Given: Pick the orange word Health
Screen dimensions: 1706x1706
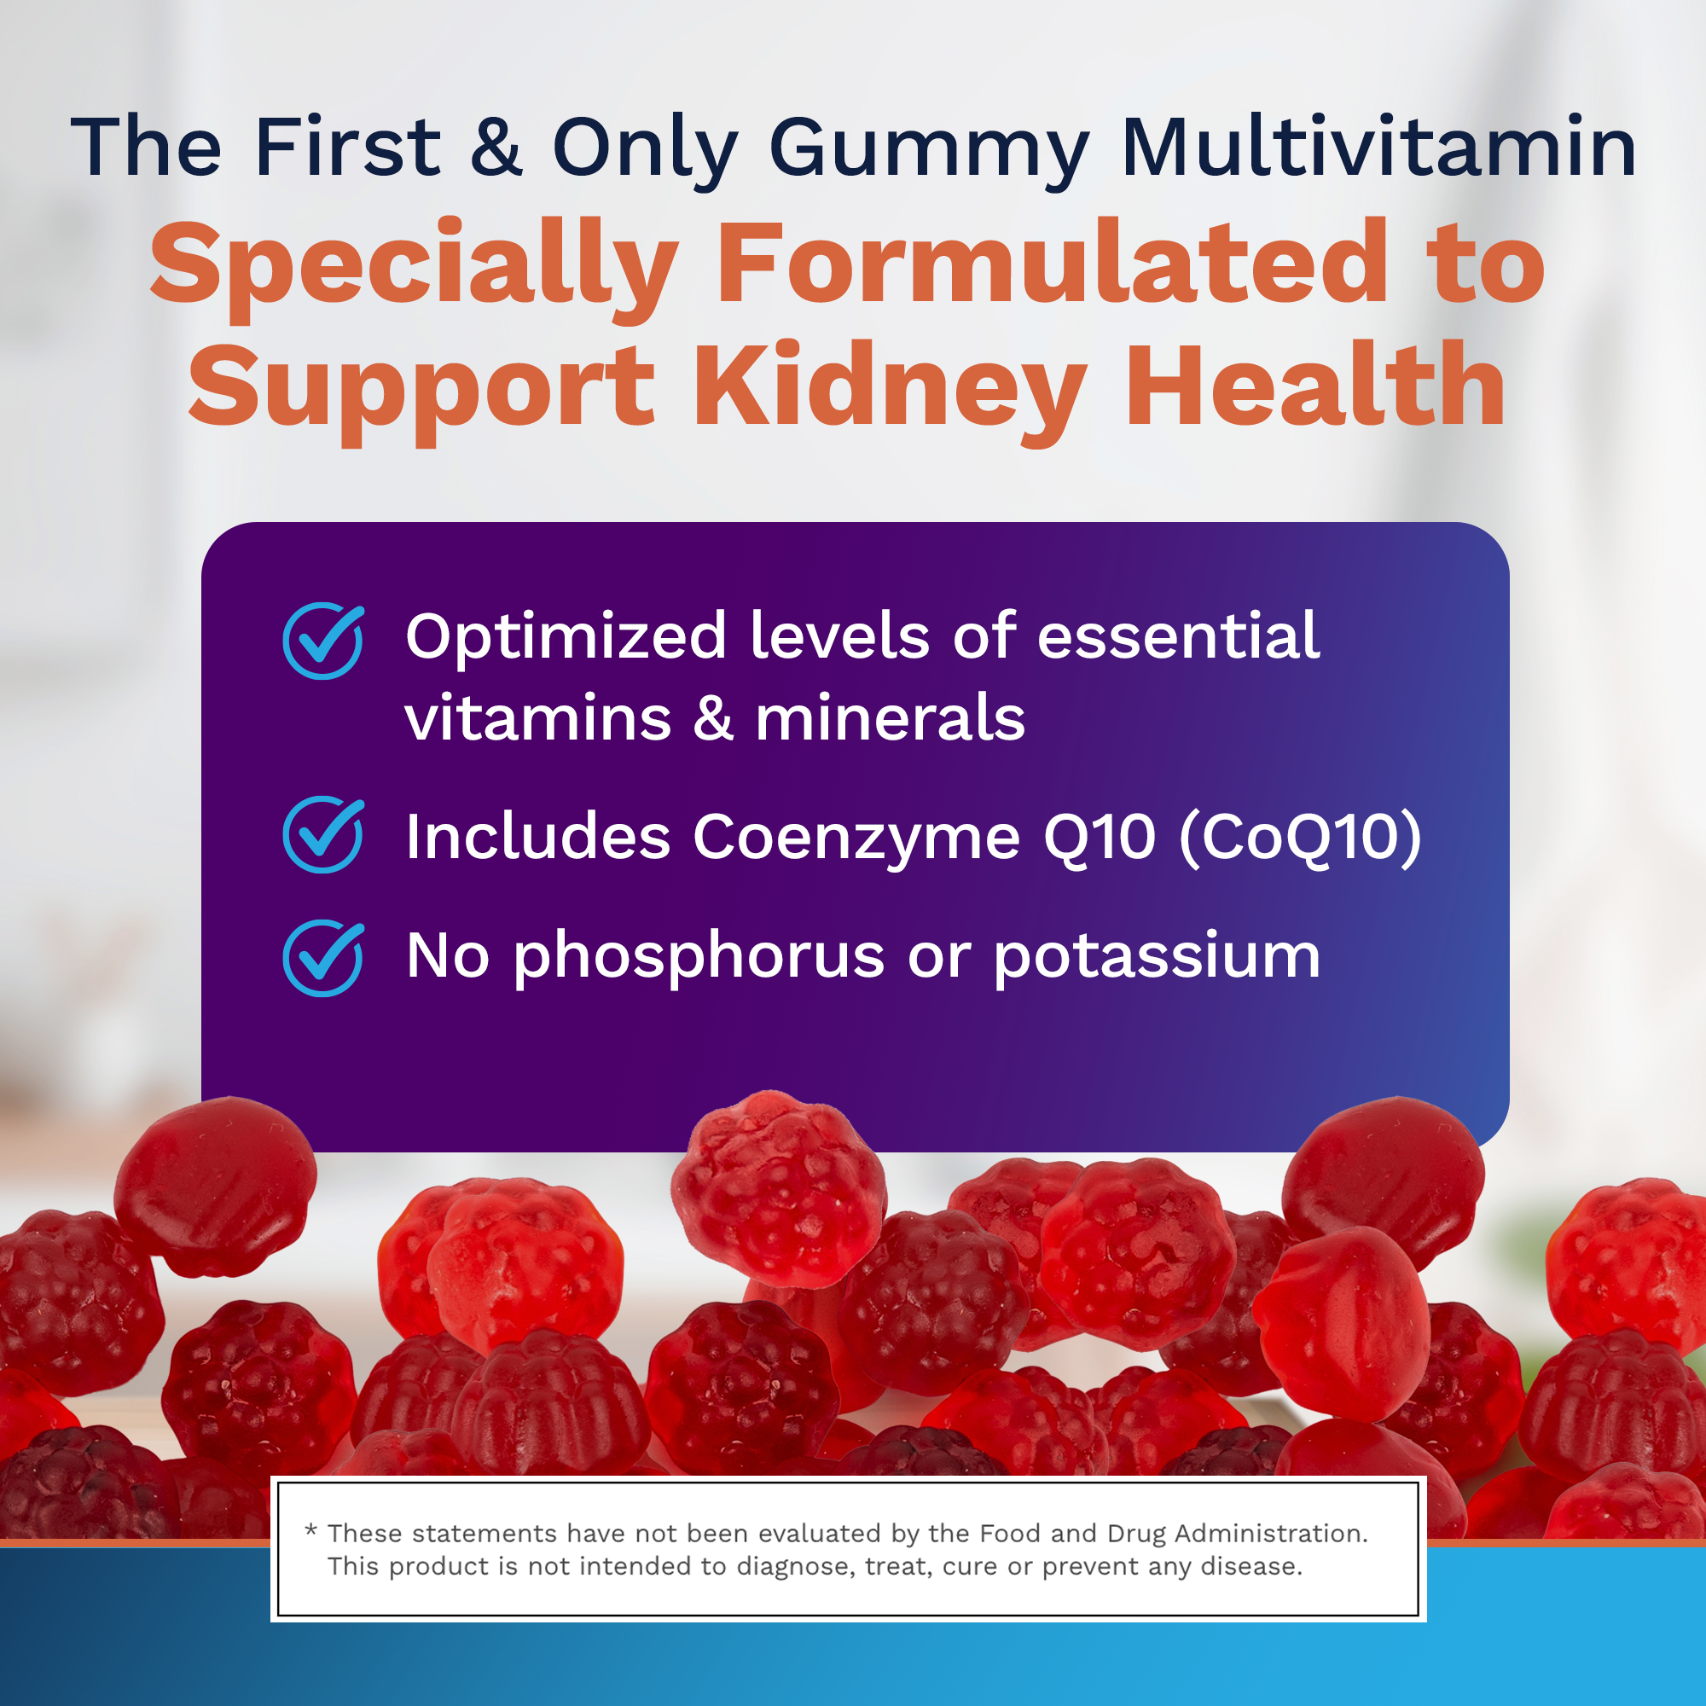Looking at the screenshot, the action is (x=1314, y=385).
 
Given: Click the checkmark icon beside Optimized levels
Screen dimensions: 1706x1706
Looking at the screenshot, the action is (x=323, y=641).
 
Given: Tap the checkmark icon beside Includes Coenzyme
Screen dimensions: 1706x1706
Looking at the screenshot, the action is (x=323, y=834).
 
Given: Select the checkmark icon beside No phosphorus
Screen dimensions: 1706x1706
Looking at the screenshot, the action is (x=323, y=958).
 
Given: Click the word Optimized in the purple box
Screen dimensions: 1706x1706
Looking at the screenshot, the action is (x=566, y=637).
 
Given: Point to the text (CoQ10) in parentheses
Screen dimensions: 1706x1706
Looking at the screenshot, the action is (x=1300, y=836).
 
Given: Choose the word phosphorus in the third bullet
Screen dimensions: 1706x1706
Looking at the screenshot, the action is (x=699, y=958).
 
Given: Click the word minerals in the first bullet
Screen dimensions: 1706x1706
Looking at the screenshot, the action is (x=890, y=717).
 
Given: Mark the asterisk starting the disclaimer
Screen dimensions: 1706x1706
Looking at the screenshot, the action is (x=310, y=1529).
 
